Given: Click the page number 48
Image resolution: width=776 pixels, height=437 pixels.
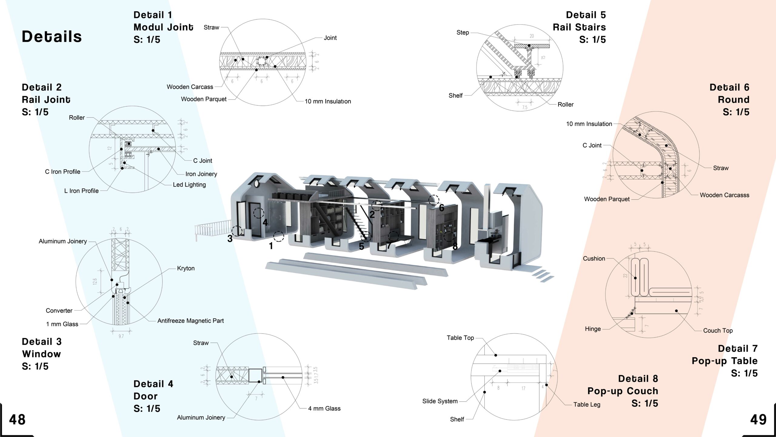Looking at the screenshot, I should click(17, 419).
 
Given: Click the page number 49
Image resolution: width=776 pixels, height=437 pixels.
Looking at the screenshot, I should click(758, 419).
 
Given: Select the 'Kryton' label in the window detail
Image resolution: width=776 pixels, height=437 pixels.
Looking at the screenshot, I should click(186, 268).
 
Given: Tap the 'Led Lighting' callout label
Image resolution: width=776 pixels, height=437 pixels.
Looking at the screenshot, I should click(189, 185).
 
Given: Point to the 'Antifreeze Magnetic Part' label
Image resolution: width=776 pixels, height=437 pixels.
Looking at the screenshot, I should click(190, 320).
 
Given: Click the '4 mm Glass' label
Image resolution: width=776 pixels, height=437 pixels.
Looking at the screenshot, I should click(324, 408).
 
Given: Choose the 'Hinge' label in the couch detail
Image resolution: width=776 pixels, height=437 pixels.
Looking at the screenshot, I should click(593, 329).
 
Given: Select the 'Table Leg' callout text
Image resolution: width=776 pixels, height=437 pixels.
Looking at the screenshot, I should click(587, 404).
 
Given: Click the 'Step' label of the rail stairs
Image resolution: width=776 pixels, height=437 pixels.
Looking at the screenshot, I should click(463, 32).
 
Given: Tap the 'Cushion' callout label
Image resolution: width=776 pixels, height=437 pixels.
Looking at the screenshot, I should click(594, 259).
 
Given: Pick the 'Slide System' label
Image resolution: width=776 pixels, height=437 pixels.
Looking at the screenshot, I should click(440, 401).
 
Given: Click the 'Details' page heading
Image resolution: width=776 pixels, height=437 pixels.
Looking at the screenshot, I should click(52, 36).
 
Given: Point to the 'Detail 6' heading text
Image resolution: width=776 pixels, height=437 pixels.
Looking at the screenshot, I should click(729, 87).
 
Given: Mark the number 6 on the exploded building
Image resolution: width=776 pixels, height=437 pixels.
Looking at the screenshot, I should click(442, 208).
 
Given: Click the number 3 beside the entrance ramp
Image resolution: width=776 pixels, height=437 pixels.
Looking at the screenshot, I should click(230, 239).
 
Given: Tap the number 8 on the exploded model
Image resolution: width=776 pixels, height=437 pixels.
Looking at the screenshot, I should click(455, 246).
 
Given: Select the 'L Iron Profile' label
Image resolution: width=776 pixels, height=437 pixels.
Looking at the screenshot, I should click(81, 191).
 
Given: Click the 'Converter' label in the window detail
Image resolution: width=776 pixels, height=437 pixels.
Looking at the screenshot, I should click(59, 310).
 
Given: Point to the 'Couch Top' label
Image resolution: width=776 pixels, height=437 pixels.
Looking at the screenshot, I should click(718, 330).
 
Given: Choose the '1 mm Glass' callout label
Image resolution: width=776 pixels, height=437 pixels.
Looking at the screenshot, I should click(62, 324).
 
